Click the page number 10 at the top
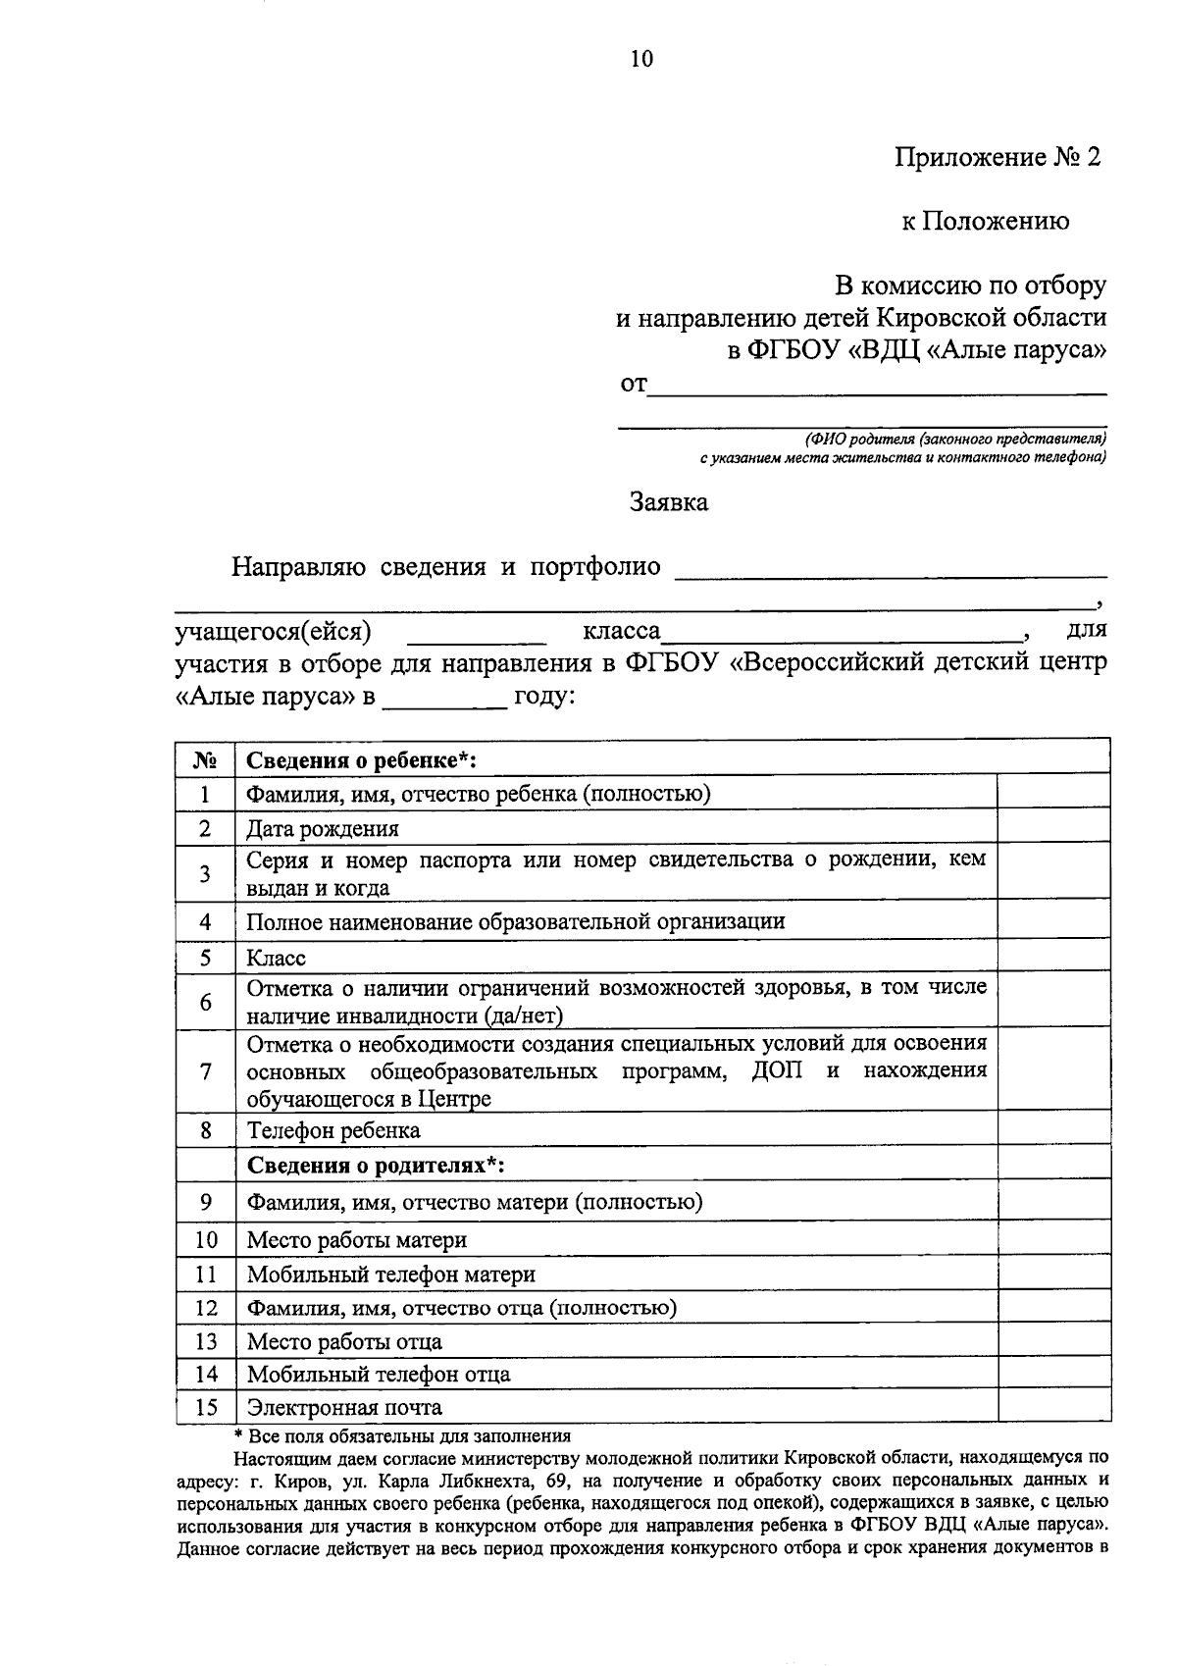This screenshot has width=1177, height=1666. (640, 60)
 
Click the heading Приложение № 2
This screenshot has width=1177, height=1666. (998, 157)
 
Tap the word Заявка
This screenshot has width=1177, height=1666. (668, 503)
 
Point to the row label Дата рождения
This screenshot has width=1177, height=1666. (323, 829)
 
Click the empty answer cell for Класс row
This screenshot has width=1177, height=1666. (1053, 958)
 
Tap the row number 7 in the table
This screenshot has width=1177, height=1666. (205, 1071)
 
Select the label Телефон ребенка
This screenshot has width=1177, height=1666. (333, 1131)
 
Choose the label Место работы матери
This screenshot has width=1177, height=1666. (356, 1240)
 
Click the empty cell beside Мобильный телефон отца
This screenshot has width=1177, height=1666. (1053, 1375)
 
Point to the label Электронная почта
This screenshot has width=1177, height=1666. (344, 1408)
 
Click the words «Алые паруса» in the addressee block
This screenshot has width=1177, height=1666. (1015, 349)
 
